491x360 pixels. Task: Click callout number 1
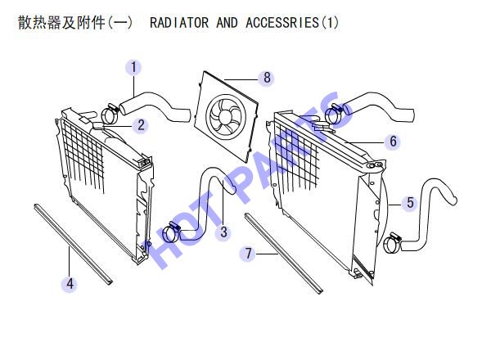[x=133, y=68]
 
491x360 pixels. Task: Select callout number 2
[x=141, y=125]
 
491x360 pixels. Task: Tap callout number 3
[x=223, y=232]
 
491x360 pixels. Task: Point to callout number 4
[x=70, y=284]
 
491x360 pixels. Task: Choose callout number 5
[x=410, y=203]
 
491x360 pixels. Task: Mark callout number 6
[x=393, y=142]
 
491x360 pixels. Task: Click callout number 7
[x=248, y=254]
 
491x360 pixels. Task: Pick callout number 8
[x=267, y=78]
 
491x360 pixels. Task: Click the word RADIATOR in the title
[x=179, y=23]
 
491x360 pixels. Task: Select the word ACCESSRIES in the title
[x=282, y=23]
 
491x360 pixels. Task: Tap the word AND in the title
[x=227, y=23]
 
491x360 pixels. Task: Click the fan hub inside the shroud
[x=225, y=116]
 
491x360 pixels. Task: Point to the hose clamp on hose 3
[x=171, y=232]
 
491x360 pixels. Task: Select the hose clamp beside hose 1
[x=110, y=114]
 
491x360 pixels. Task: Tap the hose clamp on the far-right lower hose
[x=392, y=243]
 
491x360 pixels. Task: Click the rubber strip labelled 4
[x=73, y=244]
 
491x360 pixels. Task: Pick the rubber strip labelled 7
[x=283, y=254]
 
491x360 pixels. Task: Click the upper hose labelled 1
[x=155, y=107]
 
